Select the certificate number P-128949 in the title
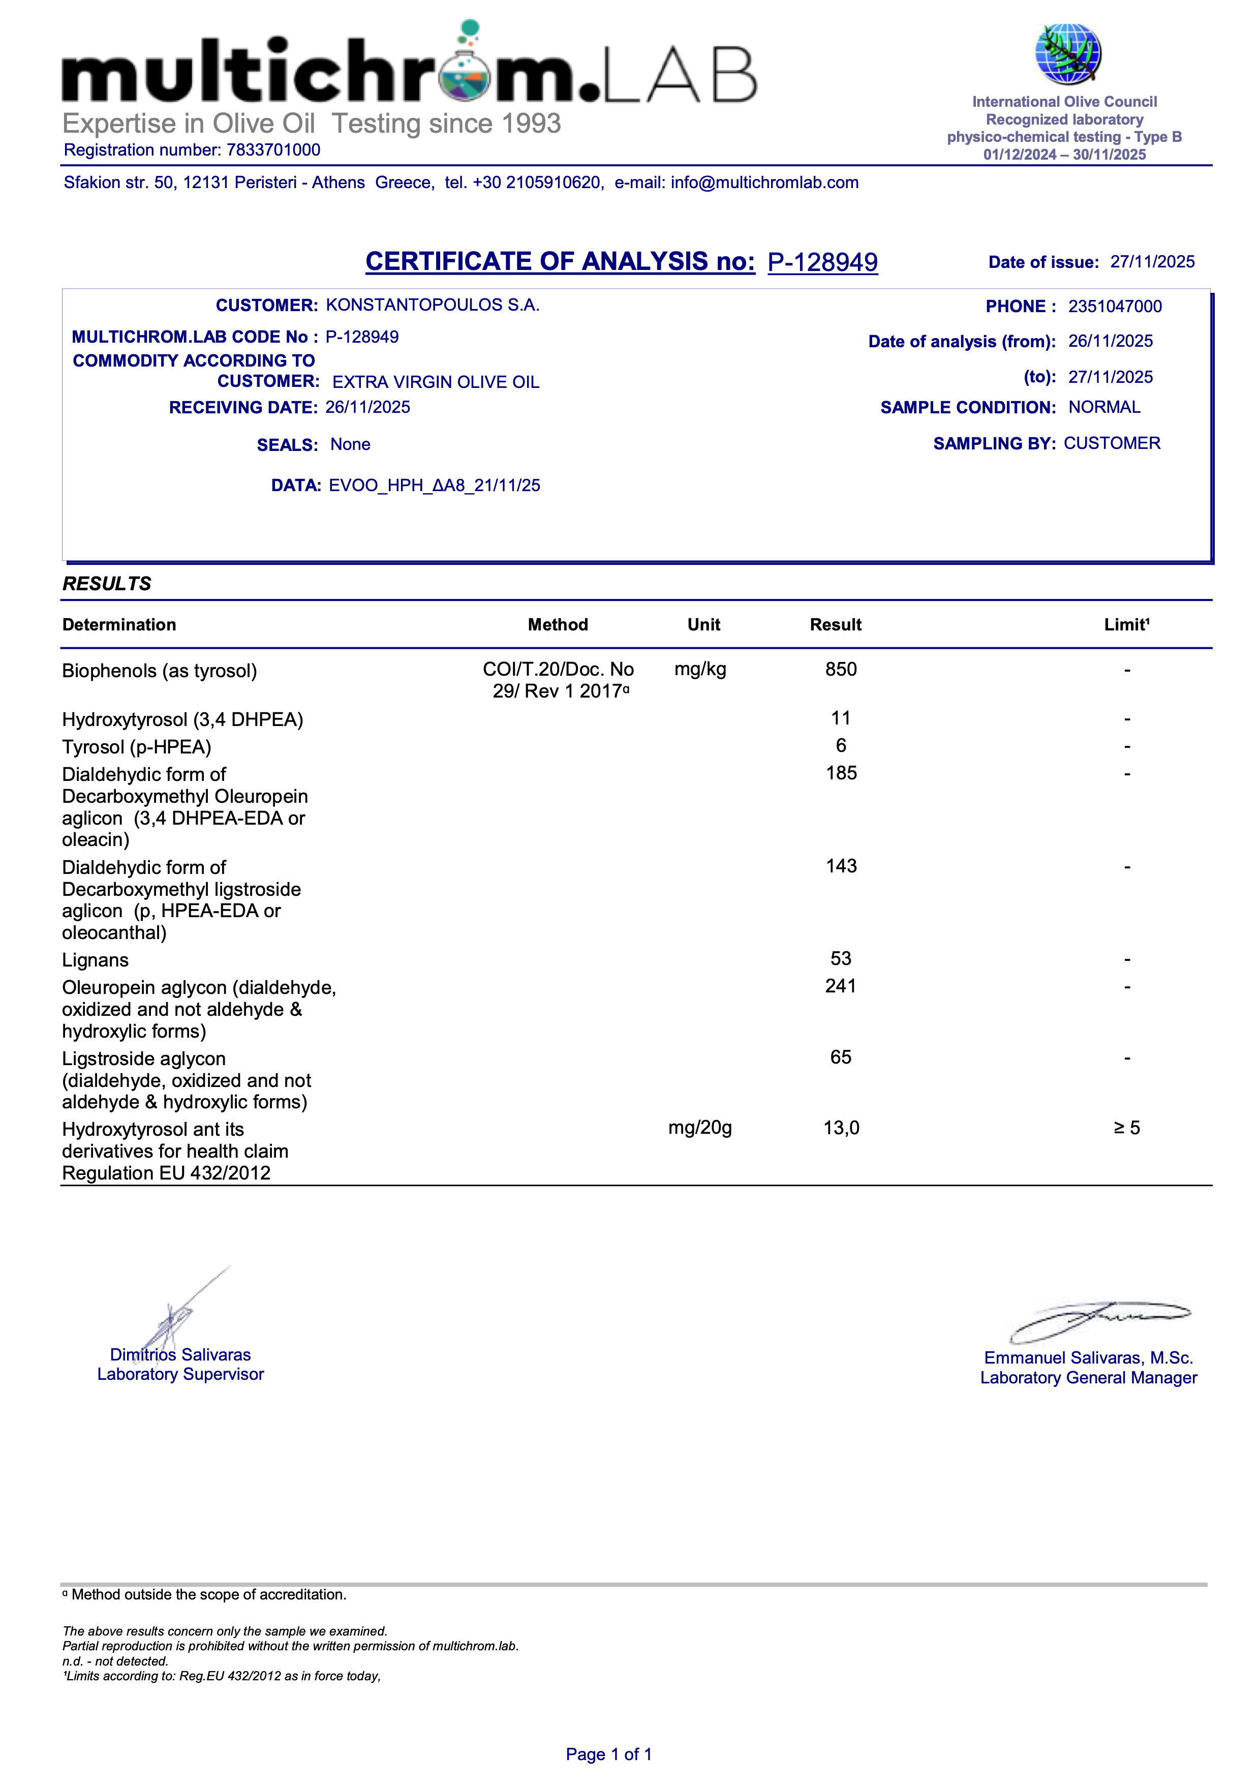(x=822, y=262)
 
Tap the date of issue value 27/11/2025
(x=1152, y=262)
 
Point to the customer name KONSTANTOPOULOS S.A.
(x=433, y=305)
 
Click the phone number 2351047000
(x=1115, y=307)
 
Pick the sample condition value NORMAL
(x=1104, y=407)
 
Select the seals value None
(x=350, y=444)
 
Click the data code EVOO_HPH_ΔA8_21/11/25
(x=435, y=486)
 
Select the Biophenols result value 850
(x=841, y=670)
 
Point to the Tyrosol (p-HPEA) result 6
(x=841, y=745)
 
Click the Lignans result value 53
(x=841, y=958)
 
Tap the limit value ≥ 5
(x=1126, y=1128)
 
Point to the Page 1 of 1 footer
(x=608, y=1754)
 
